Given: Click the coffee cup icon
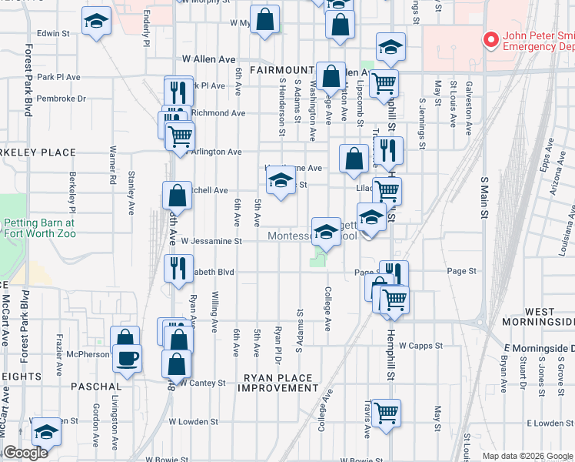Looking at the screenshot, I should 127,357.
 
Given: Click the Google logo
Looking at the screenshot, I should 25,453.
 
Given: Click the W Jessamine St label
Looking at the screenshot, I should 211,241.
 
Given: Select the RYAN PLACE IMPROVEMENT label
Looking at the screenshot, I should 278,383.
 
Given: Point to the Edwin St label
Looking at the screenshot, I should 53,33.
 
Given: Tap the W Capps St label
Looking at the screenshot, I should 422,346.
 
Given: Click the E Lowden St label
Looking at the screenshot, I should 549,423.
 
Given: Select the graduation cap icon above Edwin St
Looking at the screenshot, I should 97,22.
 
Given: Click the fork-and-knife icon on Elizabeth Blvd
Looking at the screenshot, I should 178,269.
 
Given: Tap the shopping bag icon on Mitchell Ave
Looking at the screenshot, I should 177,196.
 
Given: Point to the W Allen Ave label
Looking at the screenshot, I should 208,59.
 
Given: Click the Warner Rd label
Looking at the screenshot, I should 113,169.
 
